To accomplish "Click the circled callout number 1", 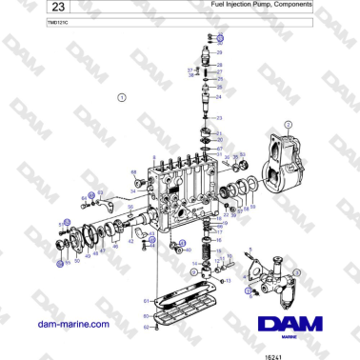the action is pos(121,97).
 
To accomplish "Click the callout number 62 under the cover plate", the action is pos(146,327).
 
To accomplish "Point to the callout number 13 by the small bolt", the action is pos(230,281).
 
